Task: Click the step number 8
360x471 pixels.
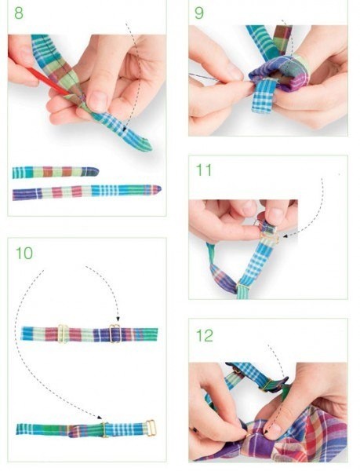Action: click(x=19, y=13)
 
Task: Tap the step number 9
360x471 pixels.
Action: click(x=199, y=13)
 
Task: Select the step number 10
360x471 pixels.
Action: click(x=24, y=253)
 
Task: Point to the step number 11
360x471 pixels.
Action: click(x=204, y=170)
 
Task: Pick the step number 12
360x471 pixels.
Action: click(x=204, y=335)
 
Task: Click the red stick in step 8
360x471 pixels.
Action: click(x=49, y=81)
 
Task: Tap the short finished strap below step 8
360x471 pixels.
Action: click(x=56, y=172)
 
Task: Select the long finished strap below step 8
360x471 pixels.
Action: click(x=87, y=192)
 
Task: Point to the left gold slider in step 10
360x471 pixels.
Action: click(x=63, y=334)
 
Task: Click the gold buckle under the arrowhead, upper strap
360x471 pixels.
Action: click(x=115, y=334)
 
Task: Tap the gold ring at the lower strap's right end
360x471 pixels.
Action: click(x=151, y=428)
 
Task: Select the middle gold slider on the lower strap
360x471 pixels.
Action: click(x=104, y=429)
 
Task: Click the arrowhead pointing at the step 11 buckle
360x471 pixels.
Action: click(x=285, y=236)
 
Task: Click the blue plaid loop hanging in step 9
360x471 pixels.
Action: click(x=264, y=95)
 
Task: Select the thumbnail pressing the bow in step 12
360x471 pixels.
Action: click(x=271, y=430)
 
